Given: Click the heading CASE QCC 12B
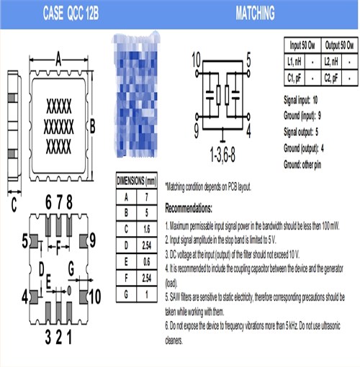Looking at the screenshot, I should tap(61, 14).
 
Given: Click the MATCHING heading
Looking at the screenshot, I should tap(254, 14).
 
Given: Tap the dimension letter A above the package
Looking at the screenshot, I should tap(58, 60).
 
